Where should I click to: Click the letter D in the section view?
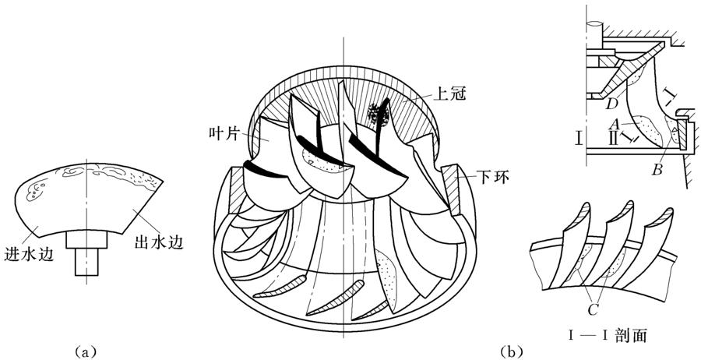[613, 104]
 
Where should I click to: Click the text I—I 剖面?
[608, 337]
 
